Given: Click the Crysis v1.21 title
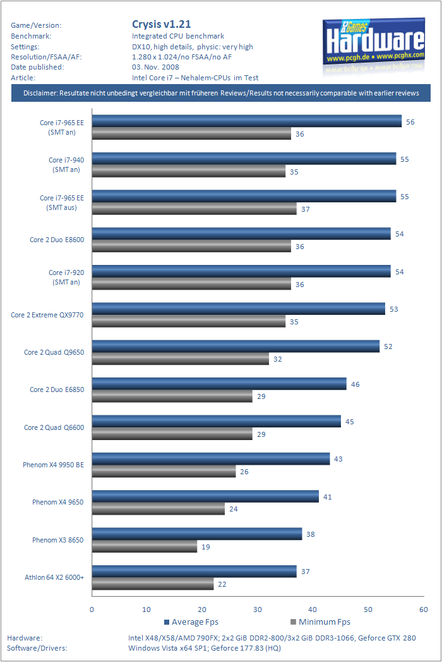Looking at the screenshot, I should [x=159, y=25].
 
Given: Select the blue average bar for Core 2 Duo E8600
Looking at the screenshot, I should [x=241, y=234].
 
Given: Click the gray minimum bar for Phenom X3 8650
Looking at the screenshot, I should [x=145, y=547].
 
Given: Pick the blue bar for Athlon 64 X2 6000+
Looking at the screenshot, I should [x=194, y=572].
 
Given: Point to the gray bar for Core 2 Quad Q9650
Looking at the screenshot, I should [x=181, y=359].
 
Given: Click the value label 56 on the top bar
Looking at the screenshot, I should [x=410, y=121].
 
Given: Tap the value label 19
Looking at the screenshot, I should [x=206, y=547].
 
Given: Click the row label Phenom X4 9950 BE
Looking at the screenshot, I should [x=53, y=465].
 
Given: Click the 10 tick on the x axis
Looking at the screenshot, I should [x=147, y=610].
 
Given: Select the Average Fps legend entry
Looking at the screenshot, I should [x=193, y=622].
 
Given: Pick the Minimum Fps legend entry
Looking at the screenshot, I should [x=320, y=622].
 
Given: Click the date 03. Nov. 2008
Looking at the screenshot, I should [x=155, y=67].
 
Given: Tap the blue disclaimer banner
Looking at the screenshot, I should [x=221, y=94].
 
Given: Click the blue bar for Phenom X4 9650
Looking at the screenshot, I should [x=205, y=496].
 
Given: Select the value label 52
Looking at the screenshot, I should [x=388, y=346].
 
